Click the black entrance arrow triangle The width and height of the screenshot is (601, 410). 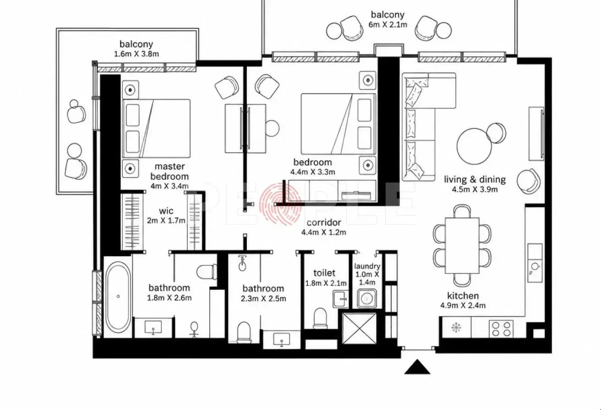417,367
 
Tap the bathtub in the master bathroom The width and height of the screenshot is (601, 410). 118,297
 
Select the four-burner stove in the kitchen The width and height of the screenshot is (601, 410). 501,329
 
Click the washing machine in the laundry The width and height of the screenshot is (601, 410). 367,298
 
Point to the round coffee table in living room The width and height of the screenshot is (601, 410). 474,146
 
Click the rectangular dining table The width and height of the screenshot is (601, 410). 462,245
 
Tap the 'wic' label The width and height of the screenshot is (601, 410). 166,211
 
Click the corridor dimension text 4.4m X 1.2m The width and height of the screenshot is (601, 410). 323,232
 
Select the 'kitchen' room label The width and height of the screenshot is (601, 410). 463,295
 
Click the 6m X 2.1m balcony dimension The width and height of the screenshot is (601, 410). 388,24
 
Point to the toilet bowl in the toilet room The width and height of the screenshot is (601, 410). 320,318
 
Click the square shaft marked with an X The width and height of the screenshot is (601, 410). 360,328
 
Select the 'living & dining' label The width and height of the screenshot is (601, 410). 475,179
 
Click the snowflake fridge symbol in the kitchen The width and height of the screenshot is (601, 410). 456,327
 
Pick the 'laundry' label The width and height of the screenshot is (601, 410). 367,266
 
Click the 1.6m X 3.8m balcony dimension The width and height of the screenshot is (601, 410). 137,54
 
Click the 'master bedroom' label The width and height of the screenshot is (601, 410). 169,172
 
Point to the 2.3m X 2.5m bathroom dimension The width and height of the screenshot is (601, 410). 263,299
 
